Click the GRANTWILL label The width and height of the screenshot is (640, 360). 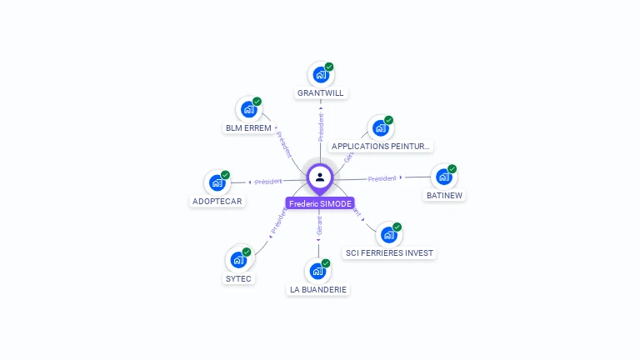(x=321, y=93)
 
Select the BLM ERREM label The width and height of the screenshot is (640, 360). (x=248, y=127)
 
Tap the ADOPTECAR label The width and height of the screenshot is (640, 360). (x=217, y=201)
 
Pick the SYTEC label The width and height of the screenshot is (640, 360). (x=238, y=278)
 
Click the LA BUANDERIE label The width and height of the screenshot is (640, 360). (x=317, y=289)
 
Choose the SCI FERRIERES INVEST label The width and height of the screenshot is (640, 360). (x=389, y=252)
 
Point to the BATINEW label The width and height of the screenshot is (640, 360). (x=444, y=195)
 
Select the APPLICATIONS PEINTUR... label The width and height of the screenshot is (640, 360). (x=381, y=146)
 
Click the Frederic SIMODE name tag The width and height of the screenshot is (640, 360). (x=320, y=203)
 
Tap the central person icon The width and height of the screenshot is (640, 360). (x=320, y=177)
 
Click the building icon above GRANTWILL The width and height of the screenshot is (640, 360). (x=320, y=74)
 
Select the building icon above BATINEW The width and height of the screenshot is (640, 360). (x=443, y=177)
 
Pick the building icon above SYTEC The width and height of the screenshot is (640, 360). (x=237, y=259)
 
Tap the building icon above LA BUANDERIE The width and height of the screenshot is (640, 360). (x=317, y=271)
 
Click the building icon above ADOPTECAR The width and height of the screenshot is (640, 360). (x=217, y=182)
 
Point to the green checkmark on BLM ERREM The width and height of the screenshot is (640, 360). (x=257, y=102)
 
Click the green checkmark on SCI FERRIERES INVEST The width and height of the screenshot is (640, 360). (x=397, y=227)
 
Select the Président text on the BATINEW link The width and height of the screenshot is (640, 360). (x=382, y=178)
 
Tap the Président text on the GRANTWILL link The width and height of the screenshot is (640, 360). (x=321, y=127)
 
